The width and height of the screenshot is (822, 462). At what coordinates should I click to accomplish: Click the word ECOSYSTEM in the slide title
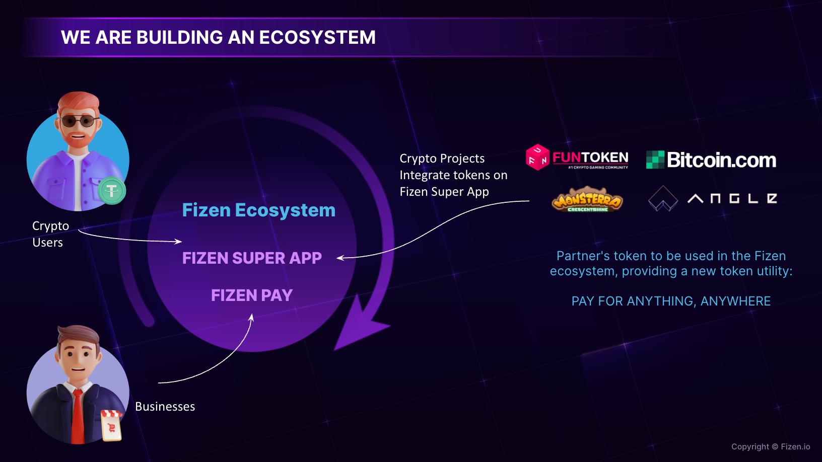tap(317, 37)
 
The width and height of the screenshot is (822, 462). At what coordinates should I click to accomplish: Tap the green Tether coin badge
tap(111, 191)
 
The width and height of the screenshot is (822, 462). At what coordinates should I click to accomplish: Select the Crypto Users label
tap(51, 234)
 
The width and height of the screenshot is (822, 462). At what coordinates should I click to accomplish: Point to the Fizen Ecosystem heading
tap(259, 210)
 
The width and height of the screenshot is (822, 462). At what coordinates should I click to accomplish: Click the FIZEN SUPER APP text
tap(252, 258)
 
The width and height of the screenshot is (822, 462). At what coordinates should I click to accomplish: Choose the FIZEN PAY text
tap(252, 295)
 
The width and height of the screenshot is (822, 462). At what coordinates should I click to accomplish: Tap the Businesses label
tap(165, 407)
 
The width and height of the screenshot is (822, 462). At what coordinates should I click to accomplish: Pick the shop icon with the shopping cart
tap(111, 425)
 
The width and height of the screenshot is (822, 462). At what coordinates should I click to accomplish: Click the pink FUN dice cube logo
tap(537, 158)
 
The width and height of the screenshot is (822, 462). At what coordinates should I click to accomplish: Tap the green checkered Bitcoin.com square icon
tap(655, 160)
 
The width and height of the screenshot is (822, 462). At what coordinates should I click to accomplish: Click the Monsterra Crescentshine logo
tap(587, 199)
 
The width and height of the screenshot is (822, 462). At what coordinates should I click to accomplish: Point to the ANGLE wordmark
tap(732, 199)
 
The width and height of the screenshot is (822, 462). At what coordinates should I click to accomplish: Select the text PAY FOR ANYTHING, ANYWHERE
tap(671, 301)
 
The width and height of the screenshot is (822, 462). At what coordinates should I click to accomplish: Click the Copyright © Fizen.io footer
tap(771, 446)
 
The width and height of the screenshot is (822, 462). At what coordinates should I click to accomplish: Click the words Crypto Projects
tap(442, 159)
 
